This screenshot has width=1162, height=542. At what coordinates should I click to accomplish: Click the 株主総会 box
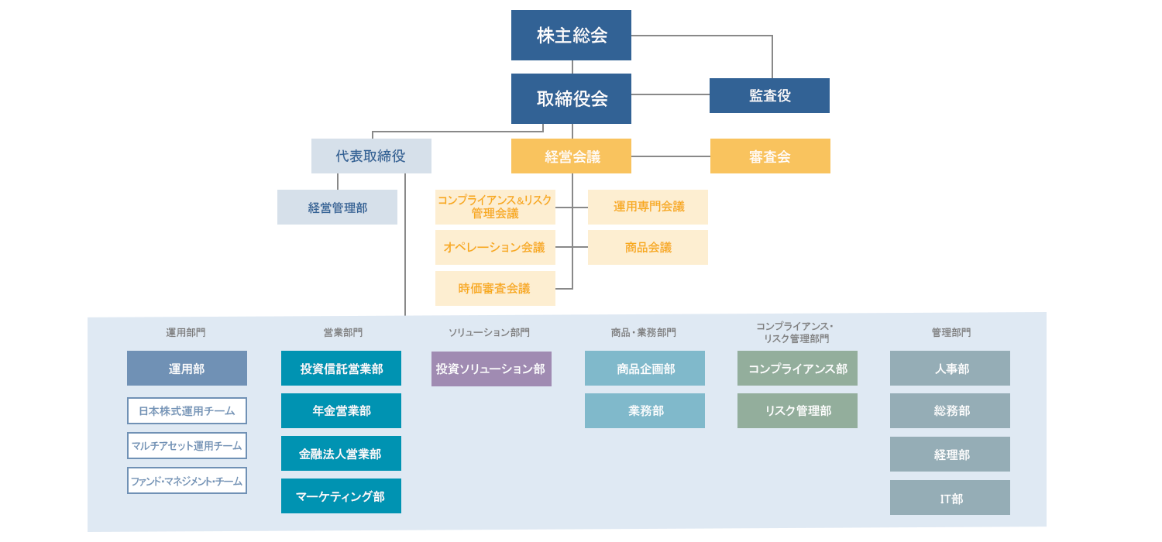571,36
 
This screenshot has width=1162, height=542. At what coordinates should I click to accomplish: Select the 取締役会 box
571,98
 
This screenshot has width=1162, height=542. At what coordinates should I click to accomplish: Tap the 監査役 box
769,95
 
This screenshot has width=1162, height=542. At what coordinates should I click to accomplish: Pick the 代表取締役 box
371,156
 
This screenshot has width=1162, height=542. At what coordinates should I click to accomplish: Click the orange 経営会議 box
571,156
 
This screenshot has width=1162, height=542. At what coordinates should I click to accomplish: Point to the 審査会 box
770,156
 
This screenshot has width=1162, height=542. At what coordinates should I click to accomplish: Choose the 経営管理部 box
337,207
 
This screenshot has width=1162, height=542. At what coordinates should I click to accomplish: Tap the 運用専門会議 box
648,207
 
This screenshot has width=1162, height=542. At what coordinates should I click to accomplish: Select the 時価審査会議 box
495,288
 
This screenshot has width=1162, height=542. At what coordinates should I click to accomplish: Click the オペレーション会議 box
495,247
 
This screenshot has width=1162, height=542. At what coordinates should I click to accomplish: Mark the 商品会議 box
648,247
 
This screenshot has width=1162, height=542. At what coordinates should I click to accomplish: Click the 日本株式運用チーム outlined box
187,410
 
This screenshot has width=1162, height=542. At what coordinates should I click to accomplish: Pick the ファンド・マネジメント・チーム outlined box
187,481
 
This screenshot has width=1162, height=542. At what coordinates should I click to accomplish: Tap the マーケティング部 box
341,496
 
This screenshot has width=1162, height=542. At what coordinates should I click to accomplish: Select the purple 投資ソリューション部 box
491,369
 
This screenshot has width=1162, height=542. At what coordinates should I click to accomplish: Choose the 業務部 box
645,410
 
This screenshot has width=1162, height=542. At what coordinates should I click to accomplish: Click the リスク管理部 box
797,410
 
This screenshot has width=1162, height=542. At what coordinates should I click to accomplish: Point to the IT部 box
950,498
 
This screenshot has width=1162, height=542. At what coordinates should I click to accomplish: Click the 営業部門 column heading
342,332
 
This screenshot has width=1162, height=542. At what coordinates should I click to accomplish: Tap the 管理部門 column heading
951,332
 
